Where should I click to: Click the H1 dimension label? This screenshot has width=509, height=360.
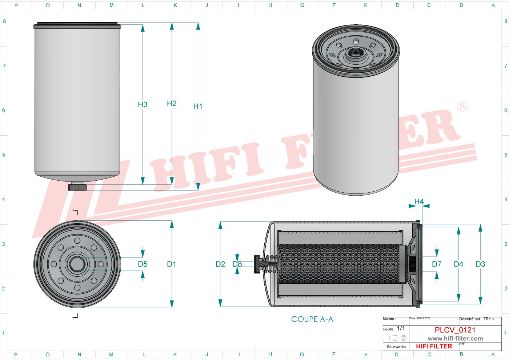point(198,106)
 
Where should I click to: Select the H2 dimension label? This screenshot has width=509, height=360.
point(172,104)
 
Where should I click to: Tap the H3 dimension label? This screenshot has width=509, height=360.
point(143,105)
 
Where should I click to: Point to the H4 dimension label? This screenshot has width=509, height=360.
point(419,201)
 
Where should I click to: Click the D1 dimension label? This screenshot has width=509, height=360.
point(172,264)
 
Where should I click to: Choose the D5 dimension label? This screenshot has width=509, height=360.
point(143,264)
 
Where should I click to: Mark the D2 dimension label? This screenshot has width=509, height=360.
point(220,264)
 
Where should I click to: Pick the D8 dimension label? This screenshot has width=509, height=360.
point(237,264)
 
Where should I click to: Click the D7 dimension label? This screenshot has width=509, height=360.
point(437,264)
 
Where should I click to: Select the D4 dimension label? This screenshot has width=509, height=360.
point(458,264)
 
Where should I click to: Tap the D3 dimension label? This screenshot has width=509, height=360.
point(480,264)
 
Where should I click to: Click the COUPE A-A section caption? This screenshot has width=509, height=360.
point(312,319)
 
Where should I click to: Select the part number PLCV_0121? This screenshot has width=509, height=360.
point(455,330)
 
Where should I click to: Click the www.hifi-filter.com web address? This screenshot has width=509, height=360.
point(455,339)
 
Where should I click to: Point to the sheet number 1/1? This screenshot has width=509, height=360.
point(401,328)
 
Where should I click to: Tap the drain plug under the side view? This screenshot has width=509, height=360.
point(77,187)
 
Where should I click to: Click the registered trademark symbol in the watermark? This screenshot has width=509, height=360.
point(462,107)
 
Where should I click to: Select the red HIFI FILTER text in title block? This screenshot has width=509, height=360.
point(434,347)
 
